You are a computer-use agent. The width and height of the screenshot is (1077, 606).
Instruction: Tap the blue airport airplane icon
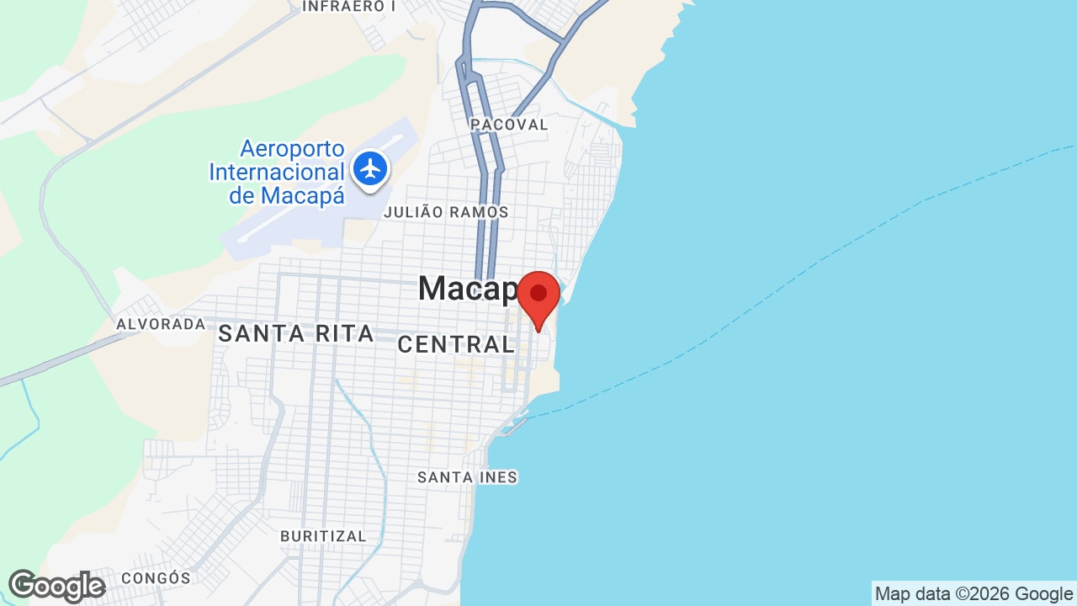[369, 167]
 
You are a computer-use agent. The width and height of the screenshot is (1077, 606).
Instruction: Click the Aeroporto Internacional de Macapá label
[278, 173]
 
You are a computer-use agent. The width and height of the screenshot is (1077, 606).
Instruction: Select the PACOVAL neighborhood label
[510, 125]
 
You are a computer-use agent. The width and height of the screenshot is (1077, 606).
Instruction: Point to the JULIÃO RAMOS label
[446, 212]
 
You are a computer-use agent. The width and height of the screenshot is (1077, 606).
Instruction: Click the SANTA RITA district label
[295, 334]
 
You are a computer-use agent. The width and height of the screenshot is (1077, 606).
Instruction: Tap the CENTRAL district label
[455, 343]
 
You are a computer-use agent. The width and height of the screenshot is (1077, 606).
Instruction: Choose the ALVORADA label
[161, 324]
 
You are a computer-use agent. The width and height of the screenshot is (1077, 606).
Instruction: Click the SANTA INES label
[467, 477]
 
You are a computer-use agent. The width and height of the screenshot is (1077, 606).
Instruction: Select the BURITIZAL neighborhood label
[323, 536]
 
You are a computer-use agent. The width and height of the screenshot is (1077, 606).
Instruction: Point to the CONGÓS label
[156, 578]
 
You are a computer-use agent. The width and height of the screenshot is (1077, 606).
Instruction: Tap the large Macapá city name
[468, 289]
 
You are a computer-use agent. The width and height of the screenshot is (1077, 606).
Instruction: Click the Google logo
[56, 586]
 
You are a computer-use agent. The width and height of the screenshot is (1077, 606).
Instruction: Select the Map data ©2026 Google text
[974, 594]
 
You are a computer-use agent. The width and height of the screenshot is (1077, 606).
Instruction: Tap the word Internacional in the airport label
[277, 173]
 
